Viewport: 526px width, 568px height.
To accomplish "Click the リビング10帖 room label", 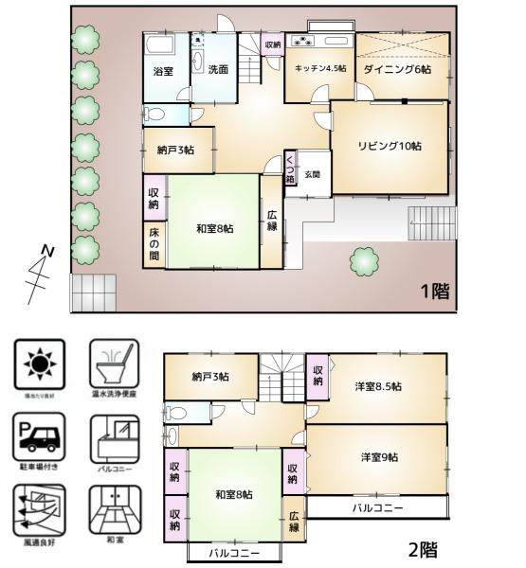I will tap(389, 146).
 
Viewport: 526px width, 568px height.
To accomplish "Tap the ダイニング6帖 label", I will tap(402, 69).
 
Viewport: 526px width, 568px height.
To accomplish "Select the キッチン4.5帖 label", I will tap(319, 69).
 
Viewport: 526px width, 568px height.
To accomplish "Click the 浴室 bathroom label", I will tap(163, 71).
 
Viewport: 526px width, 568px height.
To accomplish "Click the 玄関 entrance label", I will tap(313, 174).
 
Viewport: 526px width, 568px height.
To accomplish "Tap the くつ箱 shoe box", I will tap(289, 169).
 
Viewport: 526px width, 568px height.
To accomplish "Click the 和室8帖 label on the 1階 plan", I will tap(215, 227).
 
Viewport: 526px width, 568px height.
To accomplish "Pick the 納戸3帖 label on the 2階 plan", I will tap(209, 376).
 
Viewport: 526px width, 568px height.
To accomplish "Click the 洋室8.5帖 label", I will tap(378, 386).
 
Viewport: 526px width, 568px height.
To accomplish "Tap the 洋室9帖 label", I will tap(378, 457).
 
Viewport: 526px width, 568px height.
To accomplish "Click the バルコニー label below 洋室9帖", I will tap(377, 508).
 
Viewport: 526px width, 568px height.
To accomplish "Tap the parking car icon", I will tap(40, 436).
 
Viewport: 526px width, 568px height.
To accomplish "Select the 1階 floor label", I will tap(434, 292).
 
